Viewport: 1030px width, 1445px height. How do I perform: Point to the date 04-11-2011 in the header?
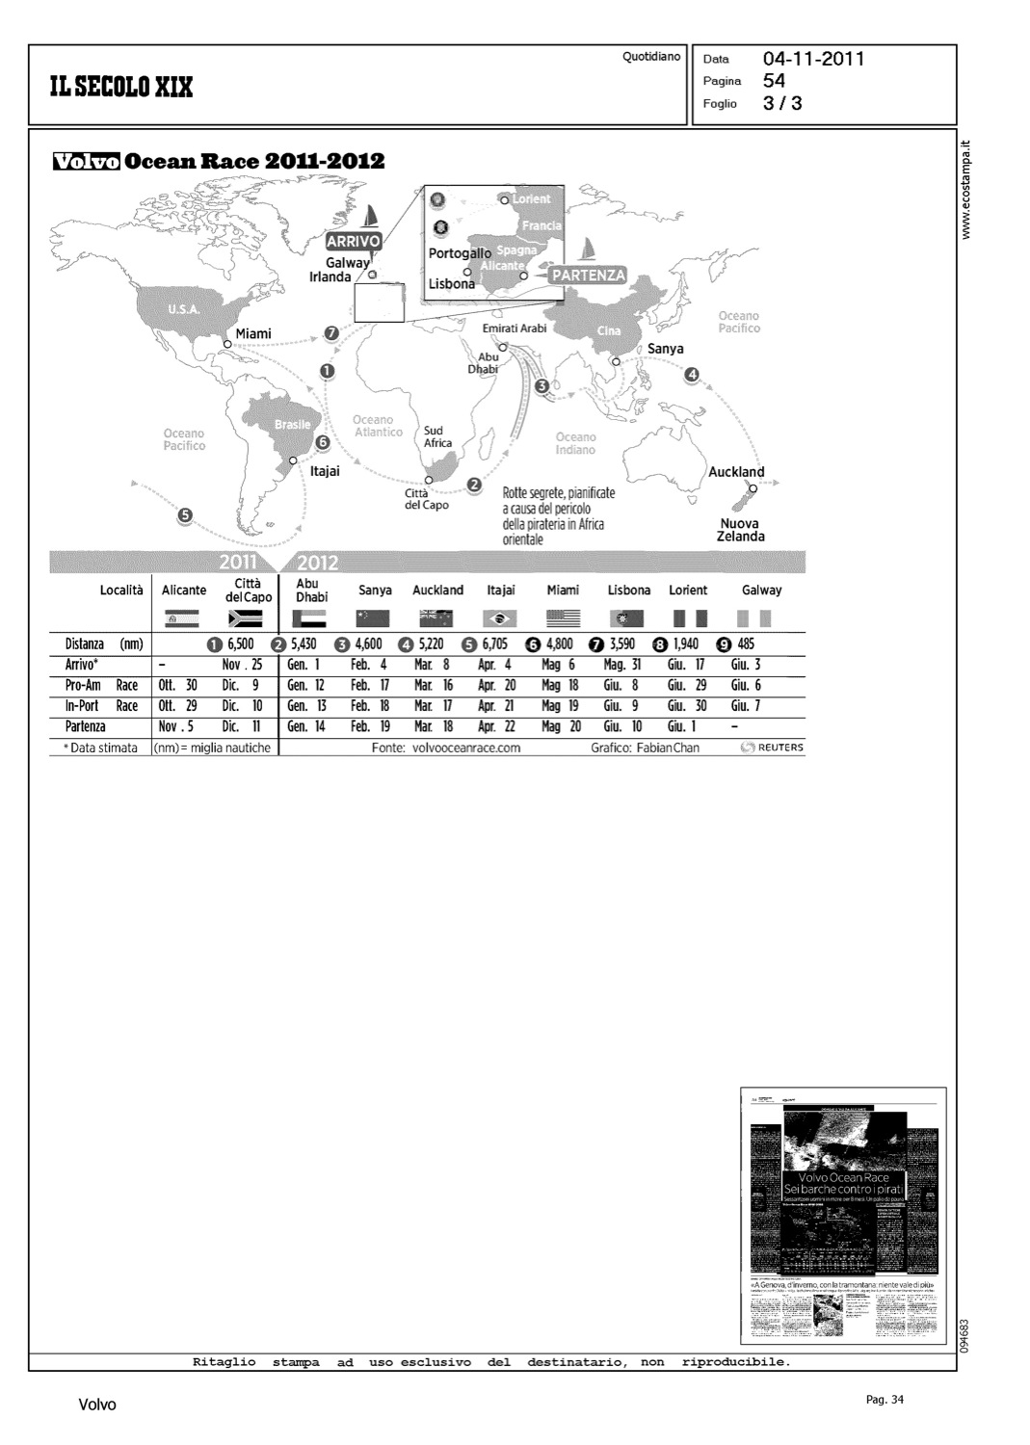[814, 60]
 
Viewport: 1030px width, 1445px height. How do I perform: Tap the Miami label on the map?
[253, 333]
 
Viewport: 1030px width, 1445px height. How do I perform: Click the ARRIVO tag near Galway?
[354, 241]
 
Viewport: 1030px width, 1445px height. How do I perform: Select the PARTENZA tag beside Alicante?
[588, 276]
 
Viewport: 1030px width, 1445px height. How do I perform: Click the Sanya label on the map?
[666, 349]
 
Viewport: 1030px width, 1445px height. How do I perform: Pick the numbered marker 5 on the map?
[184, 514]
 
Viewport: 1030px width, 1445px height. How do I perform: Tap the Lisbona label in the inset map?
[452, 284]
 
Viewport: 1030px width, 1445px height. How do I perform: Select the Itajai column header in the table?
[501, 590]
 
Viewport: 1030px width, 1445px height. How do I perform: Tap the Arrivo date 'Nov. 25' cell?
[243, 665]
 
